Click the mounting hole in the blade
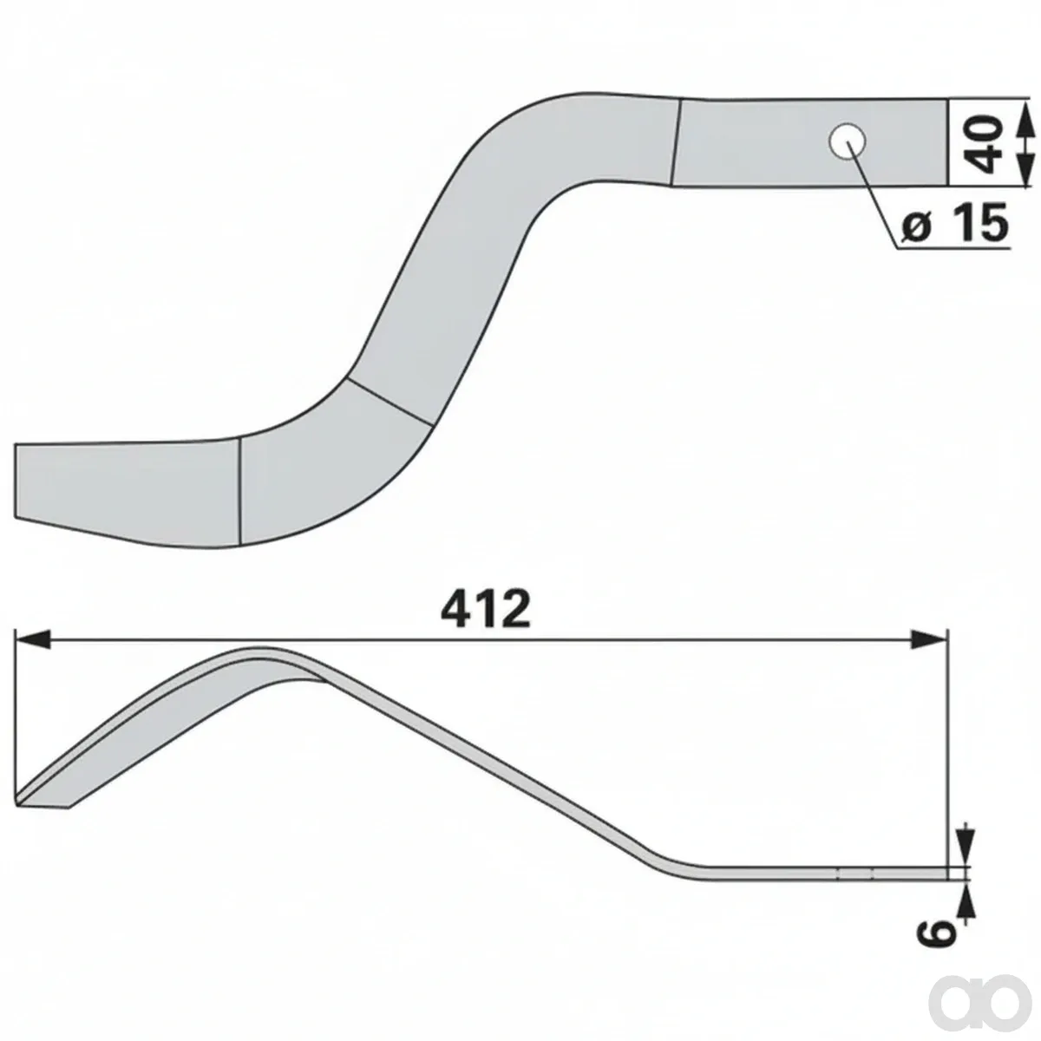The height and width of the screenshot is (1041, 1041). coord(847,141)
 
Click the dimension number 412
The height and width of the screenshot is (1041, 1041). coord(486,611)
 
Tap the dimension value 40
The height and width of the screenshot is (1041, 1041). coord(981,144)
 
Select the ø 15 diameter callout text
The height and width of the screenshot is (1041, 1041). coord(954,223)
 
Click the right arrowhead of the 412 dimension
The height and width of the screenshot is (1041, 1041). coord(928,639)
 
